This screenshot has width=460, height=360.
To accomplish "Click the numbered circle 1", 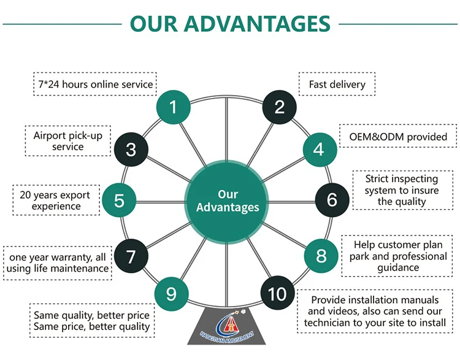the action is (x=173, y=107).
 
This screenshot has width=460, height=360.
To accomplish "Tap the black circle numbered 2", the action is (x=280, y=107).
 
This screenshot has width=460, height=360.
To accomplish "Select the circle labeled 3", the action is (x=130, y=148).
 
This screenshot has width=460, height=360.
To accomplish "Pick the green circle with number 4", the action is (x=318, y=148).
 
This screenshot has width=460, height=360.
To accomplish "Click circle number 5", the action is (x=119, y=200).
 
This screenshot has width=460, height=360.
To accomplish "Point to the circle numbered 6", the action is (x=332, y=199).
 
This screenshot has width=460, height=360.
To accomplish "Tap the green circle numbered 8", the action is (x=321, y=255).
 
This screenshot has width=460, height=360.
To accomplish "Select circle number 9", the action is (x=171, y=294).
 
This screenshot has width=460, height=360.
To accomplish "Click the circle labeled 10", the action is (x=277, y=294).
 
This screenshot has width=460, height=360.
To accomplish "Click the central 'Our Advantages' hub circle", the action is (x=228, y=201).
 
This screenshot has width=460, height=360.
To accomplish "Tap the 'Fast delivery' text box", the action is (x=337, y=84).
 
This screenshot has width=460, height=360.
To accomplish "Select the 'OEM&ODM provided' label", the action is (x=399, y=136).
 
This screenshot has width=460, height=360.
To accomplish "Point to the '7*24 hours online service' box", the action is (x=93, y=84).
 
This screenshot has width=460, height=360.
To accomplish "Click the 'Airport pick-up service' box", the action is (x=67, y=141).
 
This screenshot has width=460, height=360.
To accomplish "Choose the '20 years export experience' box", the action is (x=55, y=201).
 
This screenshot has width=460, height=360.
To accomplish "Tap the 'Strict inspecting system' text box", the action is (x=402, y=190).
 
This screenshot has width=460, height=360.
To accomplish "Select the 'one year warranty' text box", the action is (x=57, y=262).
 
